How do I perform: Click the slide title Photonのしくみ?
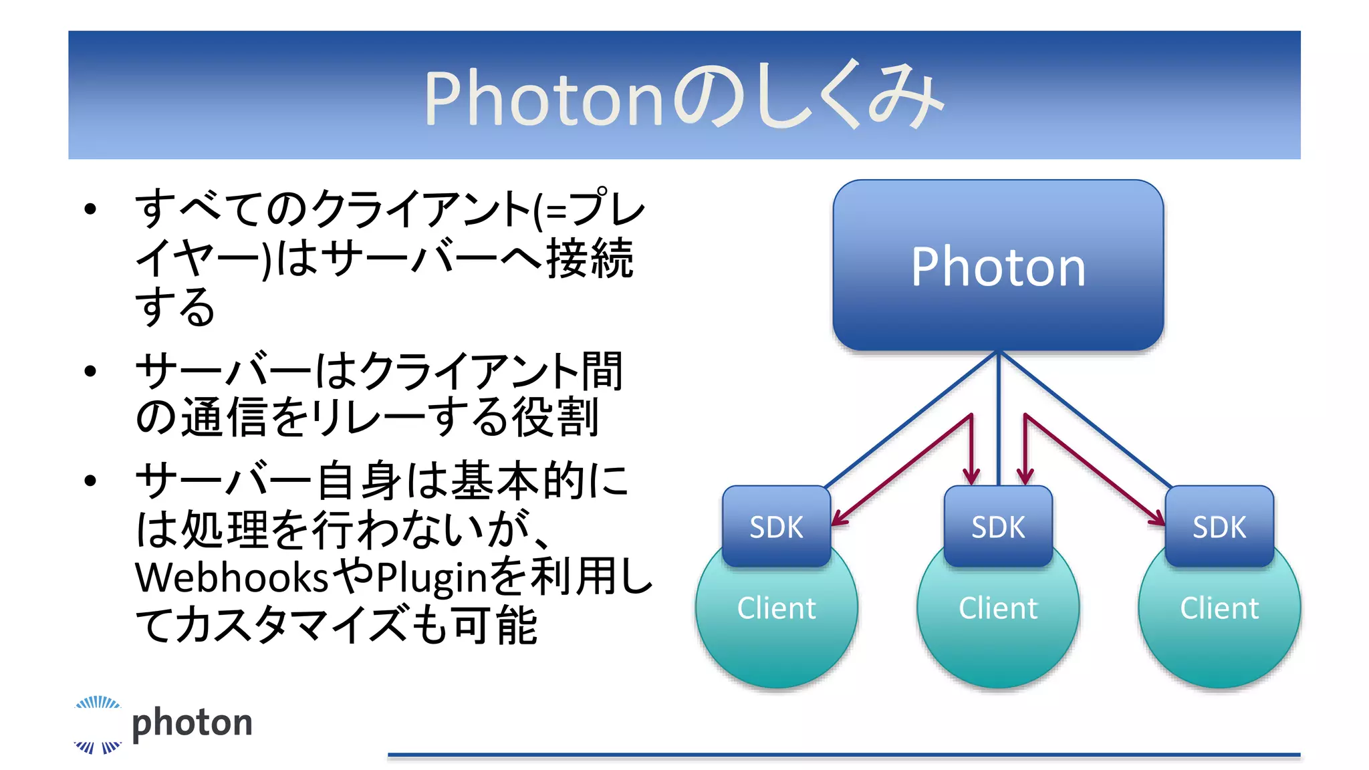(684, 97)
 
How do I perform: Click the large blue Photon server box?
(997, 265)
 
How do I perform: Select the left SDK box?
(776, 527)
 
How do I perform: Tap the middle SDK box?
(997, 527)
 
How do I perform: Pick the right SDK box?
(1219, 527)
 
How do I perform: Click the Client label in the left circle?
(776, 608)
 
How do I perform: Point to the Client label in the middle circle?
(997, 608)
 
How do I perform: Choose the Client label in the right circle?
(1219, 608)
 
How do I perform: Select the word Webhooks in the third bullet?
(231, 577)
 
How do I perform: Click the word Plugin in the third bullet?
(432, 577)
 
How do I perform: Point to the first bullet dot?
(91, 209)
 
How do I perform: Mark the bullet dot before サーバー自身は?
(91, 481)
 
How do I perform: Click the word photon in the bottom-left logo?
(192, 723)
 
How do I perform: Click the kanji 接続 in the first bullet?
(590, 258)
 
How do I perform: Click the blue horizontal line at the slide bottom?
(844, 755)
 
